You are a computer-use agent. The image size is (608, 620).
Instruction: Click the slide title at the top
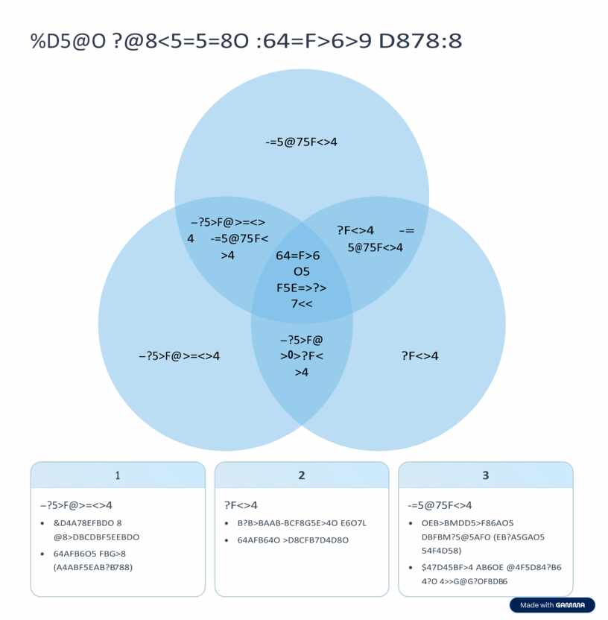point(246,41)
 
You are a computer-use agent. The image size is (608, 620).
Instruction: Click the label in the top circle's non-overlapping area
point(302,141)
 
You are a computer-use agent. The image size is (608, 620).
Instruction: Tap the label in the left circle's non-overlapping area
point(179,356)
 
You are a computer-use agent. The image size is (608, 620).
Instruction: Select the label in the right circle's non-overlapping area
point(419,356)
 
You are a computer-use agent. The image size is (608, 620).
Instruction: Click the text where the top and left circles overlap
point(228,238)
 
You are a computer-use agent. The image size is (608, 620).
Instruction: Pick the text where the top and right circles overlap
point(375,238)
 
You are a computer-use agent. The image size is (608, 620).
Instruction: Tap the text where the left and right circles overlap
point(301,356)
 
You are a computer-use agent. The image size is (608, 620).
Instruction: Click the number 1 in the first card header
point(118,475)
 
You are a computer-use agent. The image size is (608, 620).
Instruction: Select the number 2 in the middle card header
point(301,475)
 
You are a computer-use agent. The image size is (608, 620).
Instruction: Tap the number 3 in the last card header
point(486,475)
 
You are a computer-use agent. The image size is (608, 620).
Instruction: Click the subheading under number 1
point(76,504)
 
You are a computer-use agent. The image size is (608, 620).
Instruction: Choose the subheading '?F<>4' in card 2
point(241,504)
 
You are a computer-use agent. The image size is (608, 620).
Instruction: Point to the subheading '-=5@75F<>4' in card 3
point(440,504)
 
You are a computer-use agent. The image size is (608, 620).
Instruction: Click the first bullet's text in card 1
point(96,530)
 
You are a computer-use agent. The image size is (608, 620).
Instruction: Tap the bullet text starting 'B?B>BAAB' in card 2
point(302,523)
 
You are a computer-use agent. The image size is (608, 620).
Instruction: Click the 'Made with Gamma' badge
point(552,605)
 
